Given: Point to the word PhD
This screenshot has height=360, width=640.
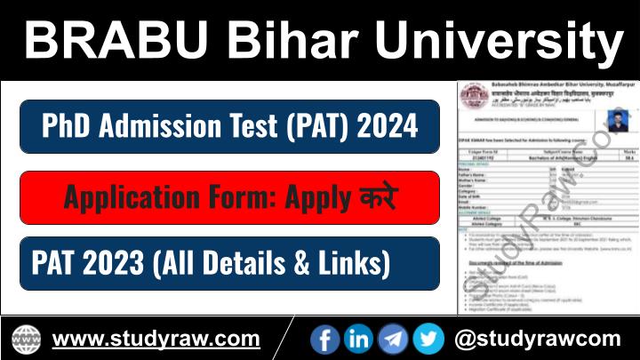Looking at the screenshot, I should pos(70,126).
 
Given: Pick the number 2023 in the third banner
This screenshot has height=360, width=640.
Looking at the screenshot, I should pos(116,263).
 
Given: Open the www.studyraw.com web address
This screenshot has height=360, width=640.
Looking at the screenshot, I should pos(156,339).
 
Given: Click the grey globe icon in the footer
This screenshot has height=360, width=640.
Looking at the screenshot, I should pos(27,339).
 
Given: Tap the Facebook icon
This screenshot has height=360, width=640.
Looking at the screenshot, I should pos(325,339).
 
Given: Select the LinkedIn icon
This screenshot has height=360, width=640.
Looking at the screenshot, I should pos(358,339).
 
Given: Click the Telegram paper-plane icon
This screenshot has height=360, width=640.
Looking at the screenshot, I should pos(393,339).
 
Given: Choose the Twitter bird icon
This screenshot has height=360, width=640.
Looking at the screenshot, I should pos(428,339).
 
